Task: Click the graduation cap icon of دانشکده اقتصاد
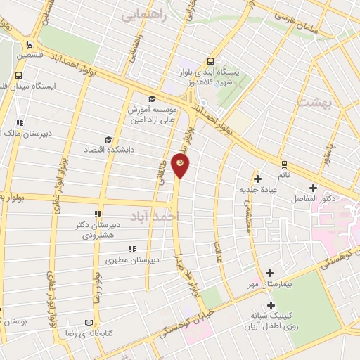108,139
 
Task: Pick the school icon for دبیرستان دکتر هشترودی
96,214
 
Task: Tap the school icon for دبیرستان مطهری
131,249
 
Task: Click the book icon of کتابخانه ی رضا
88,322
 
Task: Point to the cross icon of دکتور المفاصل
314,188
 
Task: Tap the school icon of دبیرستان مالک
20,120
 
